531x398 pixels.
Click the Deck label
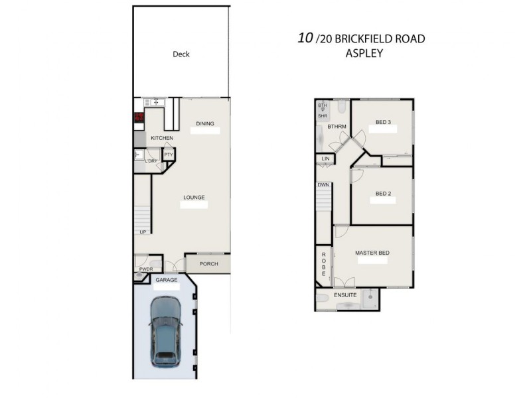[181, 54]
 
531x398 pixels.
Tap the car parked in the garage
[165, 332]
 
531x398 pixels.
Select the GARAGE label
[167, 280]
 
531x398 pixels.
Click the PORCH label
[209, 264]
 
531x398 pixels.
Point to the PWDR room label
[146, 269]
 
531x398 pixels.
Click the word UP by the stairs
[143, 232]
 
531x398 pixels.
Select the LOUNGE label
[194, 197]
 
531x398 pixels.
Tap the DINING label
[205, 123]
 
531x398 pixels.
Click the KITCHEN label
[162, 138]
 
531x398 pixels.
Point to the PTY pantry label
[169, 155]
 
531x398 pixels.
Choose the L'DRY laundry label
[151, 161]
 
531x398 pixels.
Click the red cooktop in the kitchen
[139, 118]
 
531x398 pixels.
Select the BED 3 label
[383, 122]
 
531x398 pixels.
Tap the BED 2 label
[383, 194]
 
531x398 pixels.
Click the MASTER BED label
[372, 253]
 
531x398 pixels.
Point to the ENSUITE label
[345, 295]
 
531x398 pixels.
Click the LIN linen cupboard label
[325, 159]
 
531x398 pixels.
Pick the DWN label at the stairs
[323, 185]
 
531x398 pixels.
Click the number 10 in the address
[305, 38]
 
